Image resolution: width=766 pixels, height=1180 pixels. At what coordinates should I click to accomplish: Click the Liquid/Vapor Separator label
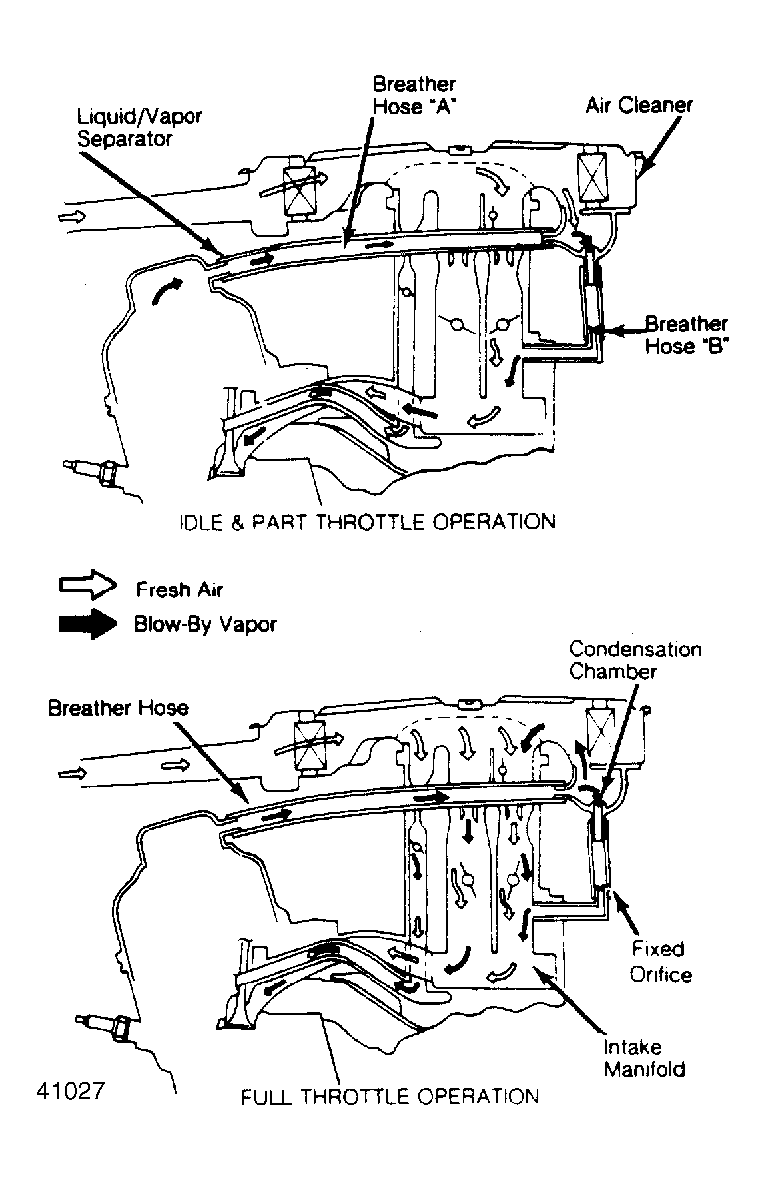(140, 127)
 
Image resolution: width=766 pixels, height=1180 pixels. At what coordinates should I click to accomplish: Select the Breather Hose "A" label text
(414, 95)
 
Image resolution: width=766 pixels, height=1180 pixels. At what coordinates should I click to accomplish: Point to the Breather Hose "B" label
(685, 335)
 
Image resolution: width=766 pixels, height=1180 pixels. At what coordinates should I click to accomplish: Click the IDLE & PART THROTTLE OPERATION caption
(366, 521)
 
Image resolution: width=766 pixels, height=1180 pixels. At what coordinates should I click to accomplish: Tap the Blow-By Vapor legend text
(204, 624)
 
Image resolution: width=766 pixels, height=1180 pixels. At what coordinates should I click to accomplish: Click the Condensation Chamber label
(634, 660)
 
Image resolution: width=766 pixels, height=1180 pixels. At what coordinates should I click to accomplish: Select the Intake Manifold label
(643, 1058)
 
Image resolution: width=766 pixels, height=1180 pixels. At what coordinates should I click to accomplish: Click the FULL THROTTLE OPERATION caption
(390, 1096)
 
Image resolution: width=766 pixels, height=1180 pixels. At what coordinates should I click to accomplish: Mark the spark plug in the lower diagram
(102, 1024)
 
